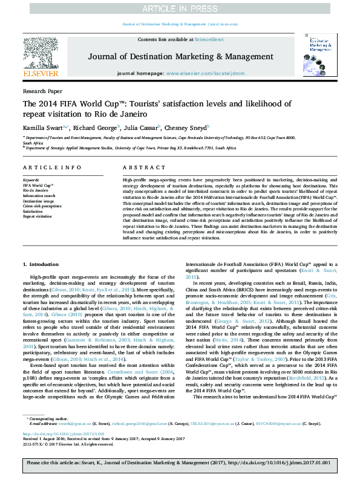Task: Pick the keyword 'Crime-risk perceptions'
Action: click(42, 206)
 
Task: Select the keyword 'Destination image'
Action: click(38, 201)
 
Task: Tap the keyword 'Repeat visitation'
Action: click(38, 216)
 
